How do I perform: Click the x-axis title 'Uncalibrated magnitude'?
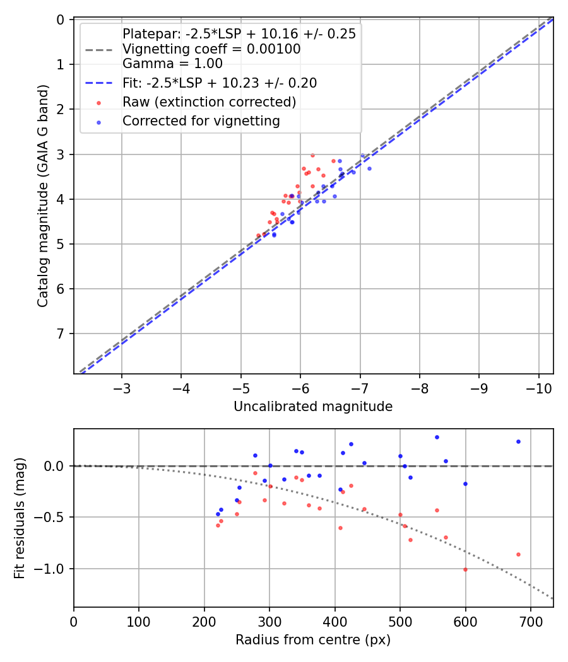coord(313,407)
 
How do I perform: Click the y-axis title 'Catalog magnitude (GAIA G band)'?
coord(42,196)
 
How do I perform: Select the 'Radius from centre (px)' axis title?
coord(313,640)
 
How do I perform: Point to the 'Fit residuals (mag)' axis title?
coord(20,518)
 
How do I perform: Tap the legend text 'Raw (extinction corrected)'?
coord(210,102)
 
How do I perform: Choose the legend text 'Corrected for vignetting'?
coord(201,120)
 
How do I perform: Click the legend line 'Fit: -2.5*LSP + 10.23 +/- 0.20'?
coord(100,83)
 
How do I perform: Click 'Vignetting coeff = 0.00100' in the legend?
coord(211,49)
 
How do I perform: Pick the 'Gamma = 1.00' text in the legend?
coord(172,64)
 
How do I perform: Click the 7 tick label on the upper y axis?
coord(61,334)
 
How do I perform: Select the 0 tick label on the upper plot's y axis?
coord(61,20)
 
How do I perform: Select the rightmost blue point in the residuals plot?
coord(518,441)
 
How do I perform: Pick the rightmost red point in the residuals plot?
coord(518,554)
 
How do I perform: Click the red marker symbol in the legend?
coord(98,102)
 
